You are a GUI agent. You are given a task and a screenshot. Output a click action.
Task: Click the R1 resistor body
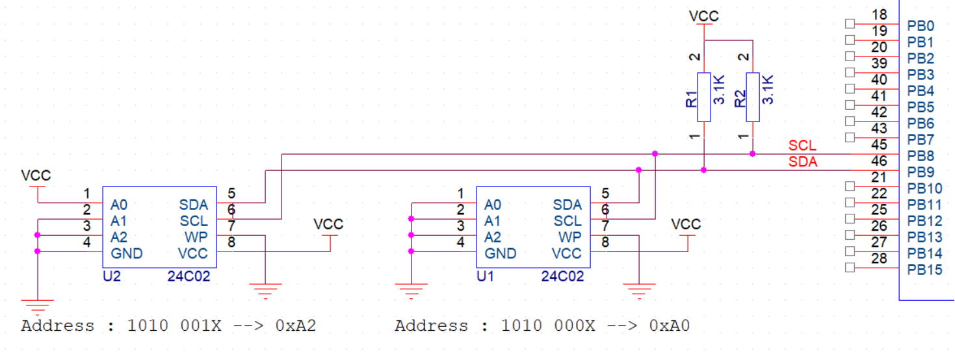(704, 97)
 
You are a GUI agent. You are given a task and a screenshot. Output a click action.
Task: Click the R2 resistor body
(753, 97)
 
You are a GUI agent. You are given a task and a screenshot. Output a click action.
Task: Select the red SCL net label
(802, 146)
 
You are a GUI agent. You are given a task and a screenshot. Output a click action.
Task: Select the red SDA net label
(802, 162)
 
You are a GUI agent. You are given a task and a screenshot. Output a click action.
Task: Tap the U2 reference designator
(112, 277)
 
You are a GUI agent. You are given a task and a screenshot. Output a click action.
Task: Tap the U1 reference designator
(486, 277)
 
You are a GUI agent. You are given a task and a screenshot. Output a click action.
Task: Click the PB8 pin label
(921, 156)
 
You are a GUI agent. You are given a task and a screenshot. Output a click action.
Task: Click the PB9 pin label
(921, 172)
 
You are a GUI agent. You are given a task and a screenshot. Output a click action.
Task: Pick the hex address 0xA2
(296, 326)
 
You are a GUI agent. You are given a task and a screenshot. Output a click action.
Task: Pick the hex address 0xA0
(670, 326)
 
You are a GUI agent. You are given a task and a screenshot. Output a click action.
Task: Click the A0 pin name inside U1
(493, 205)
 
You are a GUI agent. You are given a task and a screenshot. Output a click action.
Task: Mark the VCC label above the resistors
(704, 16)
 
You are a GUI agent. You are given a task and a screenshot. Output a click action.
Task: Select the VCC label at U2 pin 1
(36, 175)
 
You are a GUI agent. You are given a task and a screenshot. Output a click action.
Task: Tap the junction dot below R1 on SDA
(704, 170)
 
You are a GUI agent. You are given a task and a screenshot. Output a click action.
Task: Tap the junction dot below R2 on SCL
(753, 154)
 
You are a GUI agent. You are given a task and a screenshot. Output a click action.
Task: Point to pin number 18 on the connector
(879, 15)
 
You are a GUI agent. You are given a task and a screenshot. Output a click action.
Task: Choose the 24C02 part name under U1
(562, 277)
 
